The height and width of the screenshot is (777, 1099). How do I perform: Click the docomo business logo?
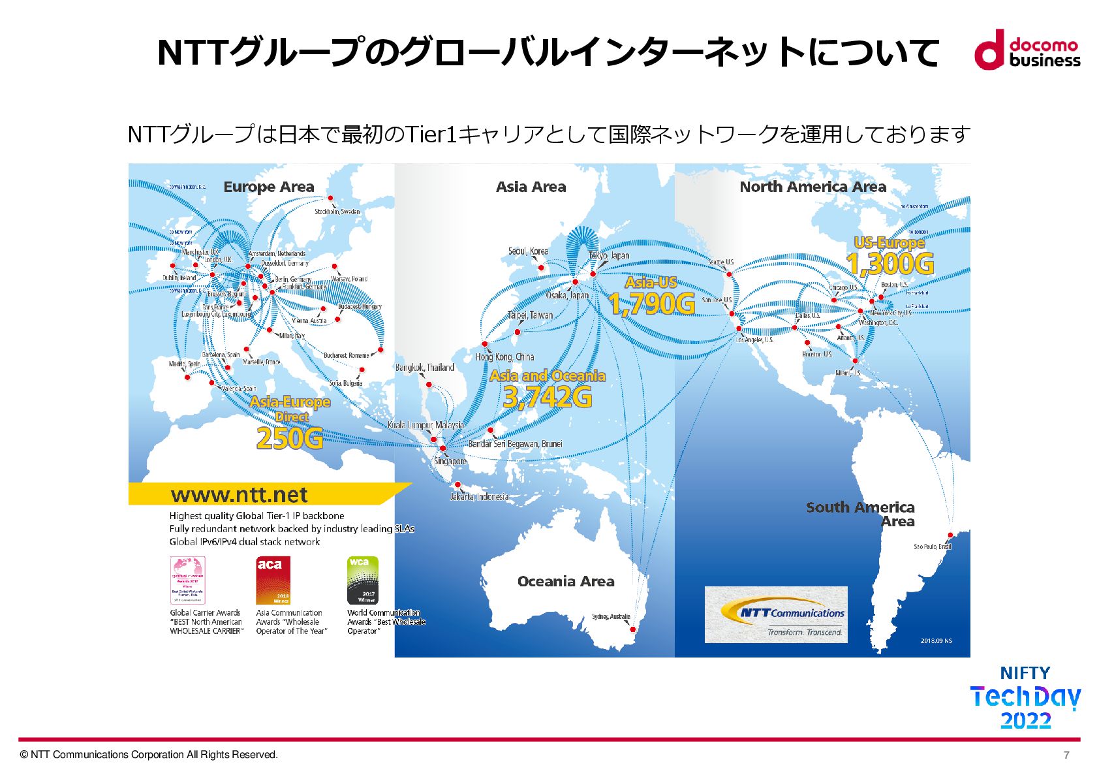(1027, 50)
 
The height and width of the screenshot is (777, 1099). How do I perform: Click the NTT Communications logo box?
(776, 614)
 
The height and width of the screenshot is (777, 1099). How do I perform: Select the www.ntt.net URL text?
(239, 495)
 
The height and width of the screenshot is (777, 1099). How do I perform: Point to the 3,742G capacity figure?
(548, 397)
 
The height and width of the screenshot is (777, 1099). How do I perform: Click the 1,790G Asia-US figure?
(651, 304)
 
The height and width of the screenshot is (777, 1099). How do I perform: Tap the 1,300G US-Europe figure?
(890, 264)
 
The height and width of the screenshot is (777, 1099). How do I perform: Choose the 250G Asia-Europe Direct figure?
(290, 438)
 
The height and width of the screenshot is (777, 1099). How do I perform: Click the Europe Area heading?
(269, 187)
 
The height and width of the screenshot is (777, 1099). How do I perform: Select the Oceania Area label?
(566, 582)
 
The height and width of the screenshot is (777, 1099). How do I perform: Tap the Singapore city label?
(450, 461)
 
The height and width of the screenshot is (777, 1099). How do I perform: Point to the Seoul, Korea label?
(528, 251)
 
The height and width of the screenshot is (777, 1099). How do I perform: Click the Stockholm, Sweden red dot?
(330, 198)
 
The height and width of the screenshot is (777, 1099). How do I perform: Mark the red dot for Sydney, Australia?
(632, 629)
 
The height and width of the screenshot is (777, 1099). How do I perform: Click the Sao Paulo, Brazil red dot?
(950, 535)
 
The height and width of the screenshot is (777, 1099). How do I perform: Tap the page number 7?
(1066, 755)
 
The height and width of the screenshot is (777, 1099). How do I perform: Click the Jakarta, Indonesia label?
(479, 497)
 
